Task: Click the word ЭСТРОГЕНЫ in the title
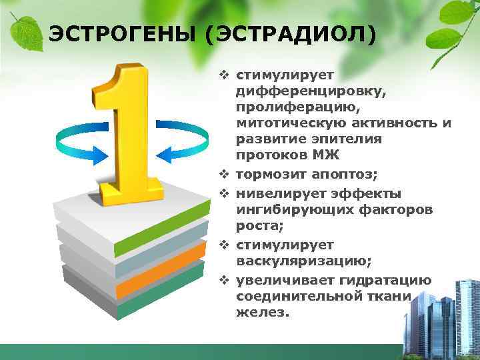pyautogui.click(x=122, y=33)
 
